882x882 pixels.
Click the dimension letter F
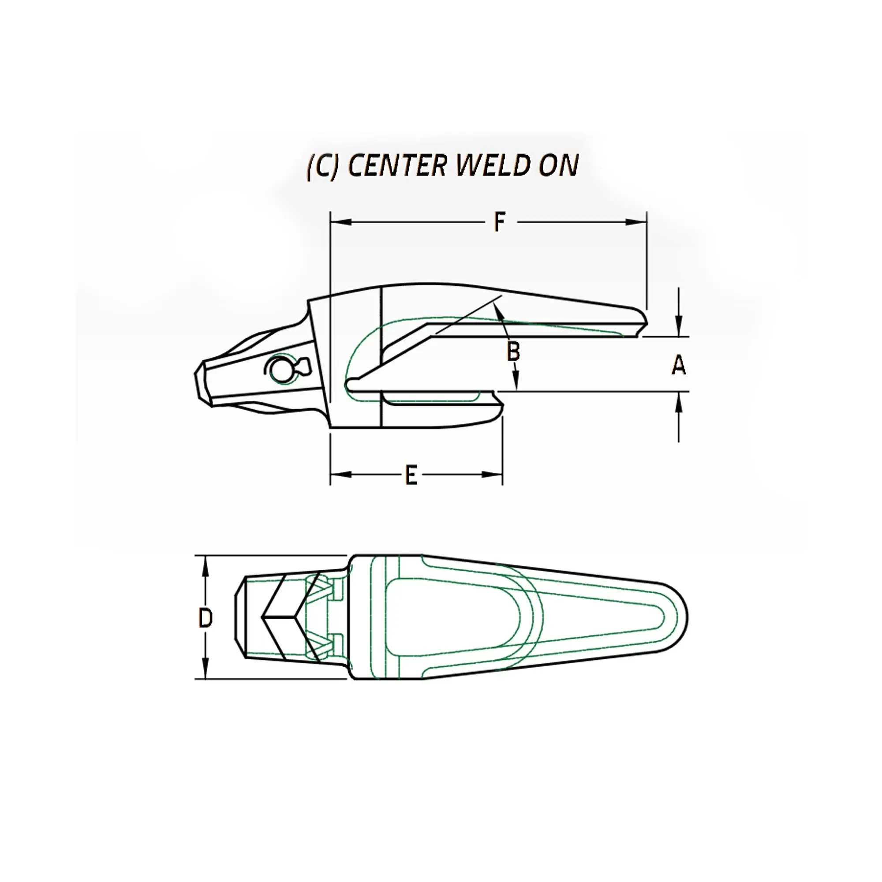(x=500, y=222)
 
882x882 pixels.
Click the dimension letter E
(x=411, y=475)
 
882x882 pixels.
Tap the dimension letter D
(x=206, y=619)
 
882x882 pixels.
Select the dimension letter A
(x=679, y=365)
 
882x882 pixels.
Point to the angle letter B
(x=514, y=351)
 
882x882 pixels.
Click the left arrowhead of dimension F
(x=340, y=222)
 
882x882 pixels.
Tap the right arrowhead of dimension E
(x=493, y=475)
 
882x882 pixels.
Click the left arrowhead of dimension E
(x=340, y=475)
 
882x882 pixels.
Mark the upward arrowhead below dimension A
(x=679, y=401)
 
